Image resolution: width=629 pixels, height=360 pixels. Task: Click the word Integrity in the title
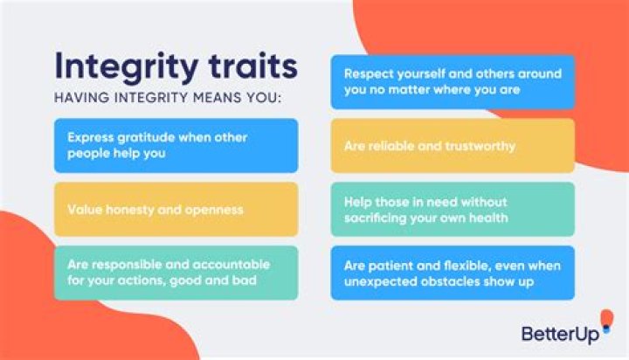click(x=118, y=66)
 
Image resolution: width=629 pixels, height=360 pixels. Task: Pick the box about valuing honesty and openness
click(x=176, y=210)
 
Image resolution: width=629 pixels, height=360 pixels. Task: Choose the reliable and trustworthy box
click(x=453, y=146)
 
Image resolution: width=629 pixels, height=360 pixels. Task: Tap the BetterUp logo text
click(x=555, y=333)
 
